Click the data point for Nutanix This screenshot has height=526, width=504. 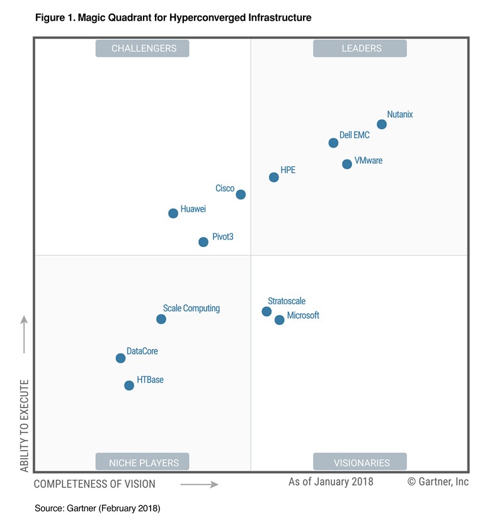click(381, 124)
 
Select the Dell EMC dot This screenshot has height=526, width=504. click(333, 143)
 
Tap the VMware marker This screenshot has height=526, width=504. click(346, 164)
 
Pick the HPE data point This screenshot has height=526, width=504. click(273, 177)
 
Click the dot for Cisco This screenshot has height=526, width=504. click(241, 195)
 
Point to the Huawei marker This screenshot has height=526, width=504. click(173, 214)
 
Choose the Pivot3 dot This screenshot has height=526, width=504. click(203, 242)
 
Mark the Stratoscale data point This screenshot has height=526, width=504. click(266, 311)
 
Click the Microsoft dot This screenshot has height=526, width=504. click(280, 320)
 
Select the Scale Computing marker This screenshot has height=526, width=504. click(161, 319)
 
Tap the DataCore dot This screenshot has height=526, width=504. click(120, 358)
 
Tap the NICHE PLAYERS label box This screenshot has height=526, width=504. click(144, 462)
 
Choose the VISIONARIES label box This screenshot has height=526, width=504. click(361, 462)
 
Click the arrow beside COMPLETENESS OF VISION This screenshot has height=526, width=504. click(199, 484)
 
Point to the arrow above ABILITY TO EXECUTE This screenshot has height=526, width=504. click(24, 334)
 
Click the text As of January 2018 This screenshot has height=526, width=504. click(331, 482)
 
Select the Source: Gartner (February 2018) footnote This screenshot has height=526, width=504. click(97, 508)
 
